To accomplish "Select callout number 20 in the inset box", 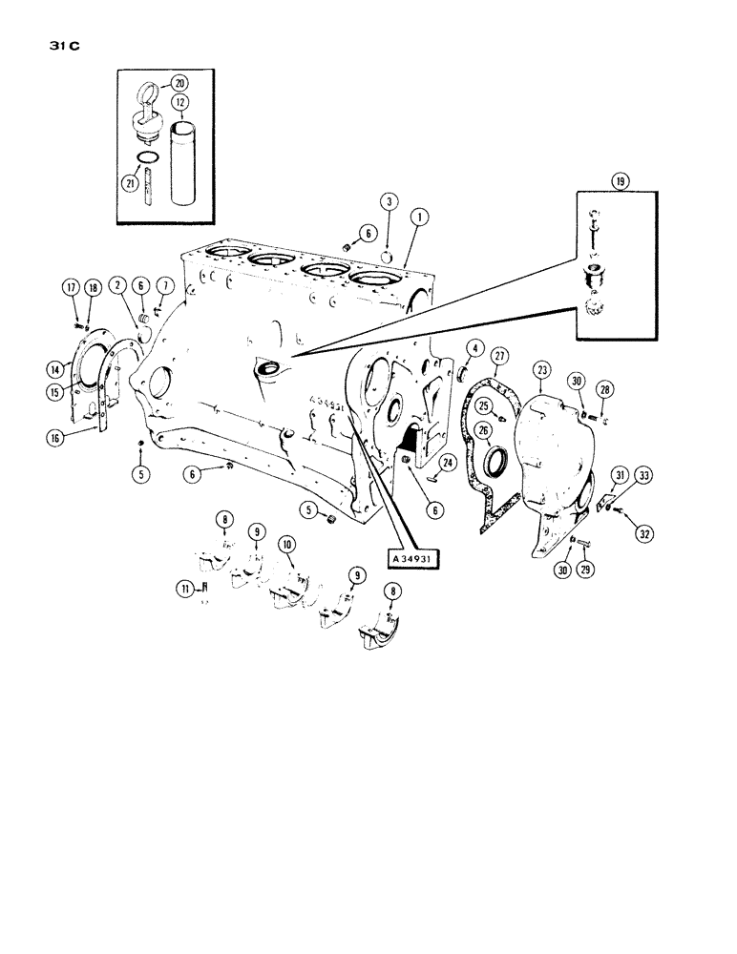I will click(180, 83).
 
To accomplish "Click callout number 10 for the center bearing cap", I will click(285, 542).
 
